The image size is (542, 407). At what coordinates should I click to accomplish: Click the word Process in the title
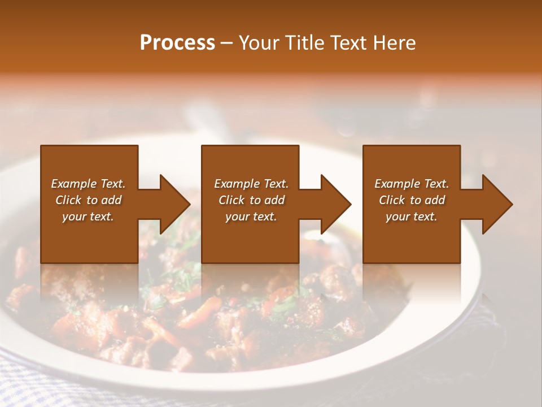click(x=177, y=43)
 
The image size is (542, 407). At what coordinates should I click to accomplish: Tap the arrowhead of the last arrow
click(x=497, y=204)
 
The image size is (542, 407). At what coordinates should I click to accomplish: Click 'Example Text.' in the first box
click(x=88, y=184)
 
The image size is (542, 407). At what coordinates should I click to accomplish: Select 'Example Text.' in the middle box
click(x=251, y=184)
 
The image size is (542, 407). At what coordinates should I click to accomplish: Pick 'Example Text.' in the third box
click(x=412, y=184)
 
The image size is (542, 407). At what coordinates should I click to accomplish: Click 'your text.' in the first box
click(x=88, y=217)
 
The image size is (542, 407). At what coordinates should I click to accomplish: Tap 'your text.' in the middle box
click(x=251, y=217)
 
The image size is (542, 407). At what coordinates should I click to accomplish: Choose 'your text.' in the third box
click(x=412, y=217)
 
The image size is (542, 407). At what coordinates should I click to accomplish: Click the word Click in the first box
click(x=68, y=200)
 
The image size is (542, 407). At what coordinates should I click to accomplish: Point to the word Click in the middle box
click(x=231, y=200)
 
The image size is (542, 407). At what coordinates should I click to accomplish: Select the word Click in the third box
click(x=392, y=200)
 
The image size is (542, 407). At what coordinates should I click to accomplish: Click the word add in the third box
click(x=435, y=200)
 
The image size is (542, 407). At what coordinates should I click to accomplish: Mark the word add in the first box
click(x=111, y=200)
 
